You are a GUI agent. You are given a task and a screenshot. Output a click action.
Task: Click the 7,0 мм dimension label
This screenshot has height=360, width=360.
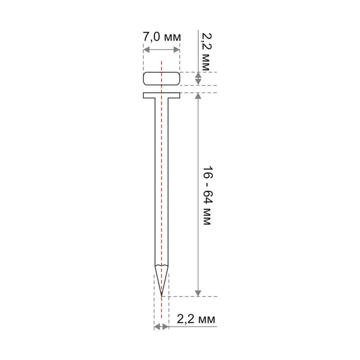point(162,37)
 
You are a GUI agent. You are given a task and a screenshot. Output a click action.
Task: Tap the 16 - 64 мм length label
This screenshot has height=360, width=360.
point(207,195)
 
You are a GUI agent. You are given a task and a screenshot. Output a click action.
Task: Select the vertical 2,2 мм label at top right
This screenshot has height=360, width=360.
point(206,51)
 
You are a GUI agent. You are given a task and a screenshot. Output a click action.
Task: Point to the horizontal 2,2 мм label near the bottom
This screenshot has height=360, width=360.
point(196,319)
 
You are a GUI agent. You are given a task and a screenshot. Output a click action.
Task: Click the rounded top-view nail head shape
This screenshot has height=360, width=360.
point(162,78)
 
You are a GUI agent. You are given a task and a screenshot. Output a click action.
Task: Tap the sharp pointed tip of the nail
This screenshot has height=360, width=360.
point(162,295)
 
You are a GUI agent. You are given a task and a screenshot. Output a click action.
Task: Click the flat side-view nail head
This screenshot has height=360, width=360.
point(162,95)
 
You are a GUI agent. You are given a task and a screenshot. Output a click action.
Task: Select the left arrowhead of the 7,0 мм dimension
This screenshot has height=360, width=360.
point(147,49)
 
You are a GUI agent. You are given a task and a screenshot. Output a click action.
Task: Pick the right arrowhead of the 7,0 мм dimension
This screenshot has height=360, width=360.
point(176,49)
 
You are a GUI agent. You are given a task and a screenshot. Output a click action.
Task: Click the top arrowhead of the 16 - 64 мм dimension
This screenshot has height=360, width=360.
point(198,96)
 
